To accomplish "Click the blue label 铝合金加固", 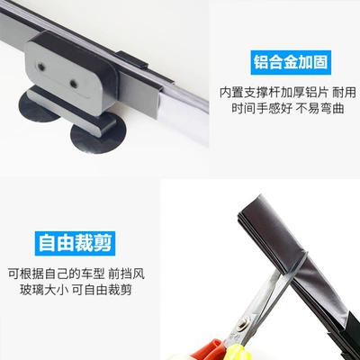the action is (291, 62).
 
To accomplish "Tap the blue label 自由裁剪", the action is (75, 243).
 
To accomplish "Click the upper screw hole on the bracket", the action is (40, 66).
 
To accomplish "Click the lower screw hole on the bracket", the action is (73, 84).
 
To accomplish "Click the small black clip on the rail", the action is (132, 59).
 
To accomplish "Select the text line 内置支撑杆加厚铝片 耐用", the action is (287, 93).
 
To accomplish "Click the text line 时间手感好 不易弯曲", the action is (287, 108).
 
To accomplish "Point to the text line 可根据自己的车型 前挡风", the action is (76, 274).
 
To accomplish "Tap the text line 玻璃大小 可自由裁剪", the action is (76, 290).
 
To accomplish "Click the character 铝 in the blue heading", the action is (261, 62).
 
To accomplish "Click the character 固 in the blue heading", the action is (320, 62).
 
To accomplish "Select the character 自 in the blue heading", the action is (47, 243).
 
